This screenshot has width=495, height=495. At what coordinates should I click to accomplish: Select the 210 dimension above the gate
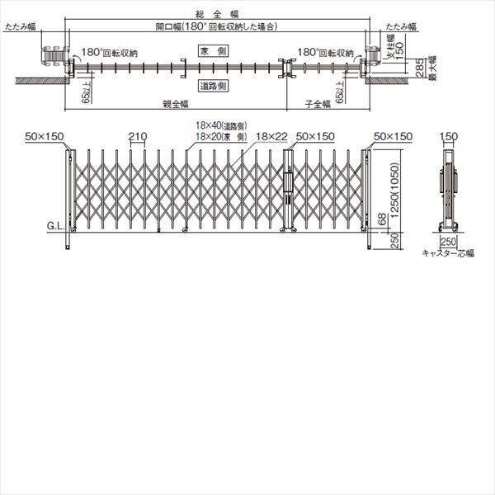[137, 134]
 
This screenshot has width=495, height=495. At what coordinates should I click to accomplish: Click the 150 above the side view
[449, 134]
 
